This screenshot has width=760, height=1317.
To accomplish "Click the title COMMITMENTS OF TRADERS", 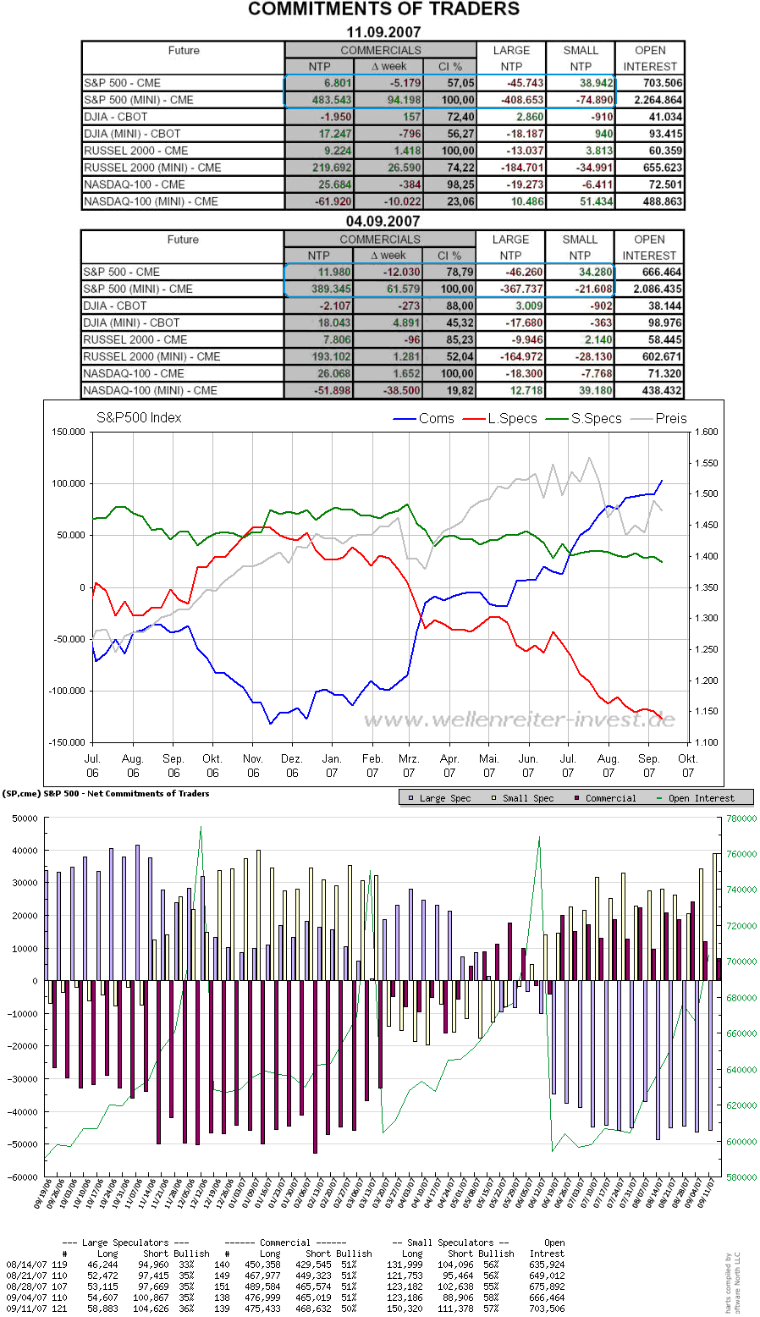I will (x=383, y=10).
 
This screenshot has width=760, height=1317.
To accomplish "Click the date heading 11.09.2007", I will (x=383, y=32).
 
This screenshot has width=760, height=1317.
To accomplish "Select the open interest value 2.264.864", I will (x=651, y=100).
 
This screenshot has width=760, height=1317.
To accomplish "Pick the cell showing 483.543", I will (x=320, y=100).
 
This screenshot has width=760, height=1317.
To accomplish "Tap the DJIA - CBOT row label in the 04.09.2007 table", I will (x=115, y=306).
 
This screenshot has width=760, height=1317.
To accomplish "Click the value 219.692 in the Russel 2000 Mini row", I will (x=320, y=168).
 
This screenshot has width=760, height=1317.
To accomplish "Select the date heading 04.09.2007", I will (x=383, y=221).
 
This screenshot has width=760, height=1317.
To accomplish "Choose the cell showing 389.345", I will (x=319, y=289).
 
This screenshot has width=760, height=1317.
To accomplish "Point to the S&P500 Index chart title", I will (x=139, y=417).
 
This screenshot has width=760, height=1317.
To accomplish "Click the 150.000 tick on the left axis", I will (x=69, y=432).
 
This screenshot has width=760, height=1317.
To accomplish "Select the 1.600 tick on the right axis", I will (x=706, y=432).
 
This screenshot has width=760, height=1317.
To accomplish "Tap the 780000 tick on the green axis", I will (x=740, y=818).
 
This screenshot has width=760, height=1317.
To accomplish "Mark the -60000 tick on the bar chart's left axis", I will (x=23, y=1177).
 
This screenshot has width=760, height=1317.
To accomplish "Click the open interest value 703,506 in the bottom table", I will (x=547, y=1309).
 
